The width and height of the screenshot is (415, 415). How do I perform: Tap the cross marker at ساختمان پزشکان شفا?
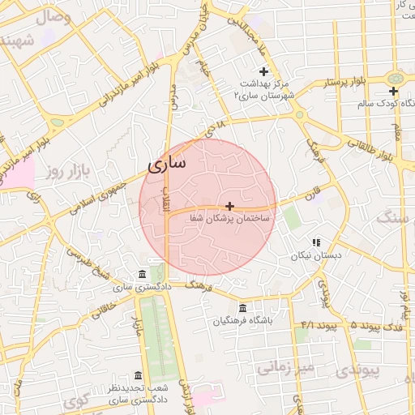tap(230, 207)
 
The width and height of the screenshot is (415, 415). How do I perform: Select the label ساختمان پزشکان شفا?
tap(233, 219)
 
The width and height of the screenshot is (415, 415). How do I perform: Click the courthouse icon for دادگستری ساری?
tap(143, 273)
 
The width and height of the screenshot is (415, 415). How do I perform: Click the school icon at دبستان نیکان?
tap(317, 242)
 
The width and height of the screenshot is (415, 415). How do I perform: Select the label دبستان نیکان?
tap(312, 255)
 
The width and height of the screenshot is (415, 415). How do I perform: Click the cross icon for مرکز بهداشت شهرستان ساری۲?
tap(263, 72)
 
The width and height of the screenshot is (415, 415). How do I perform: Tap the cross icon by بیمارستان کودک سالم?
tap(393, 92)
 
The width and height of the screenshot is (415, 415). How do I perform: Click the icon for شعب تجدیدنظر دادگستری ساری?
tap(138, 376)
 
